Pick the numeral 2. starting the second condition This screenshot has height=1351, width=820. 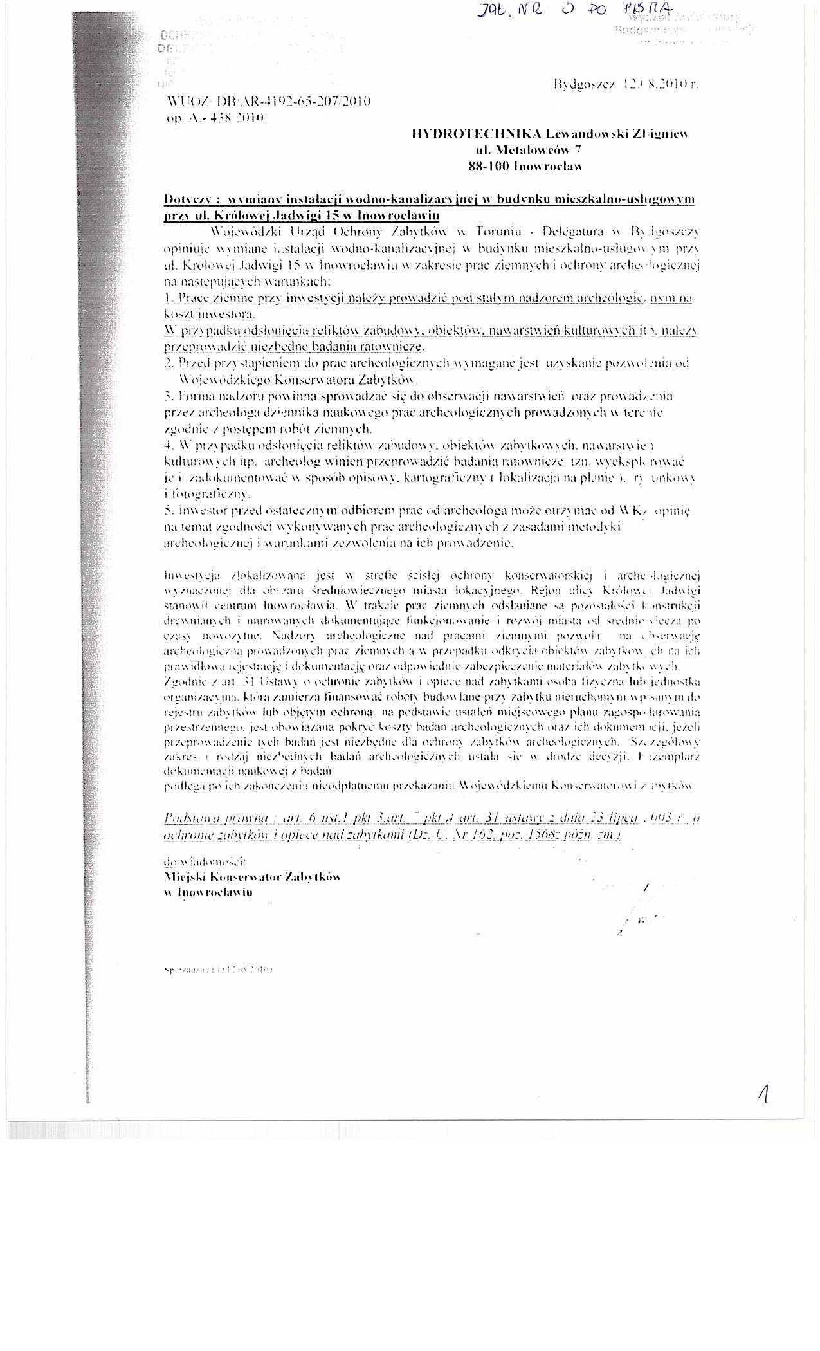(169, 363)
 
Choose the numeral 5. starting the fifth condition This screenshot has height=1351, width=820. (169, 510)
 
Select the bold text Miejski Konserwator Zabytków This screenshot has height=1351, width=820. (252, 877)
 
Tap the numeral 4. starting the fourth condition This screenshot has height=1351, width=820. (169, 445)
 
